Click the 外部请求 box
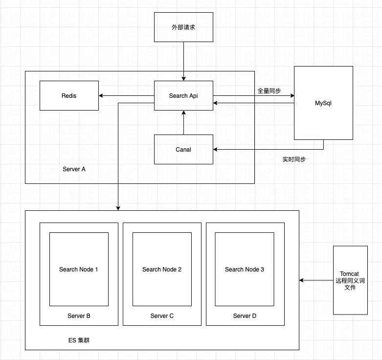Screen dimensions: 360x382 coord(183,27)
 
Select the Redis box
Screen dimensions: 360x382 coord(69,95)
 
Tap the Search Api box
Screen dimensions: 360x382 coord(183,95)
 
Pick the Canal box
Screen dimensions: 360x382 coord(183,149)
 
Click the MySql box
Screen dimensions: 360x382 coord(323,103)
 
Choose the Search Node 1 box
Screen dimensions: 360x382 coord(79,269)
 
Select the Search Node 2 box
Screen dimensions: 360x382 coord(162,269)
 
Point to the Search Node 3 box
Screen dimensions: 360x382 coord(245,269)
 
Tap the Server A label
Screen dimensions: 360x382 coord(74,169)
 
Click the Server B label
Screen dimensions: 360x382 coord(79,316)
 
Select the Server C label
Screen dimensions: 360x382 coord(162,316)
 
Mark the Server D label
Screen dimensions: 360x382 coord(245,316)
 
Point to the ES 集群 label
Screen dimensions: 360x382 coord(79,339)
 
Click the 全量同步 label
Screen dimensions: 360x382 coord(269,90)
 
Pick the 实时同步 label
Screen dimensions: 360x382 coord(294,159)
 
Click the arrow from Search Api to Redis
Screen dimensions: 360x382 coord(126,95)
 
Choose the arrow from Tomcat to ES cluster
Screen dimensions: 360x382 coord(316,280)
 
